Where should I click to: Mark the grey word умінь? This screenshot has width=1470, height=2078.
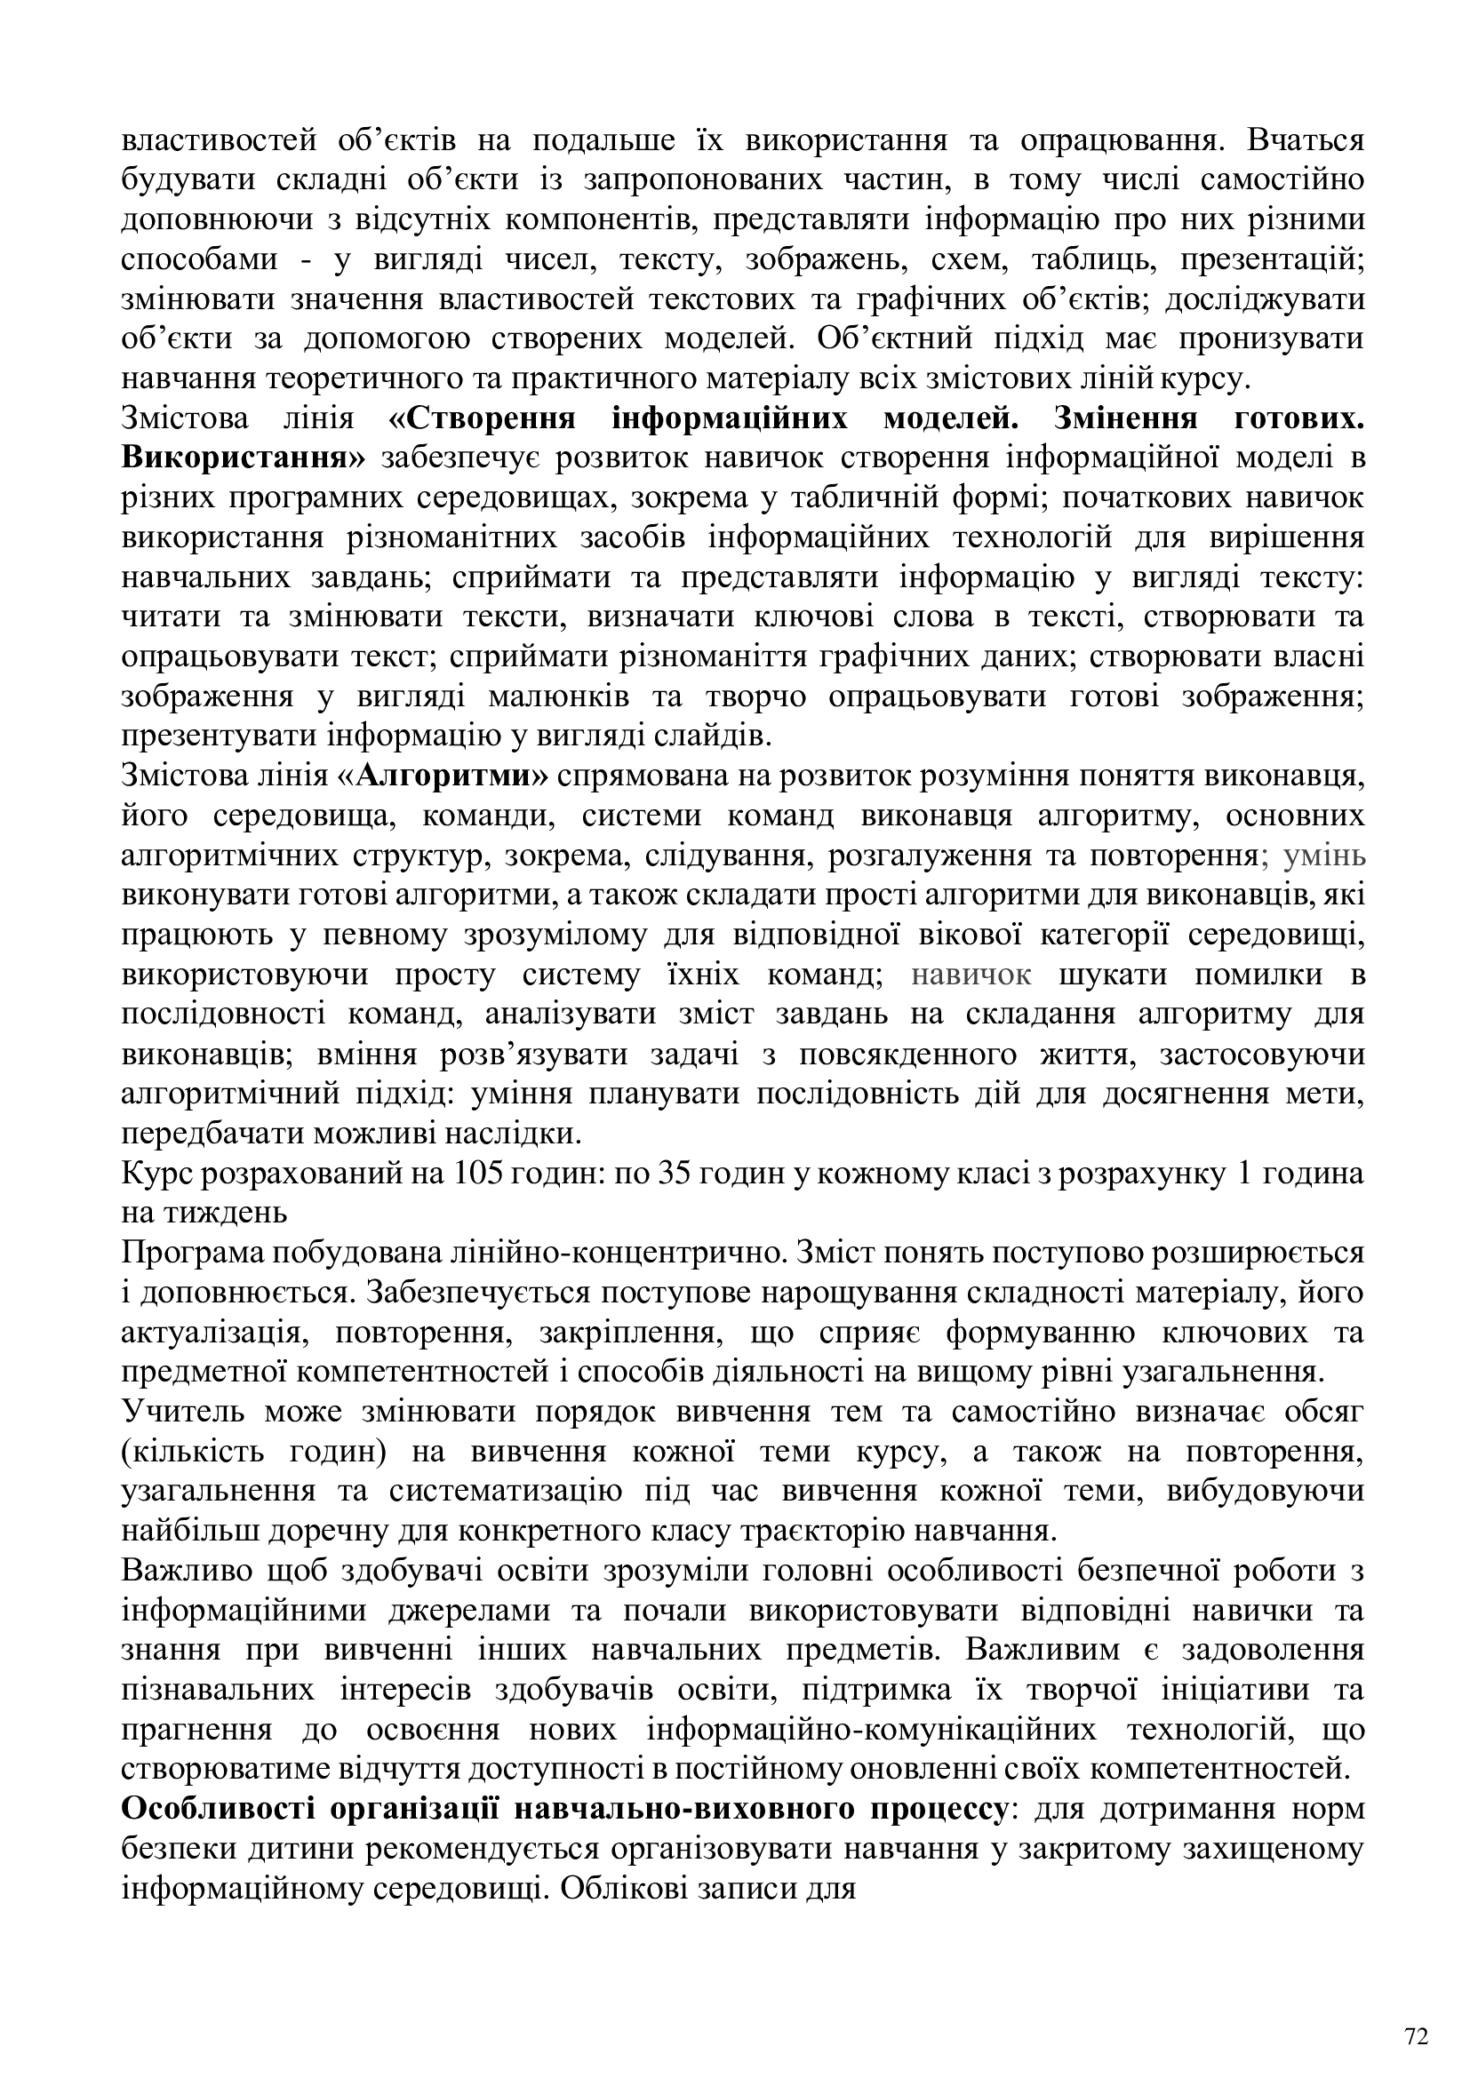coord(1325,856)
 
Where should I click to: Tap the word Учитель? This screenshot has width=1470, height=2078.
coord(181,1411)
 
